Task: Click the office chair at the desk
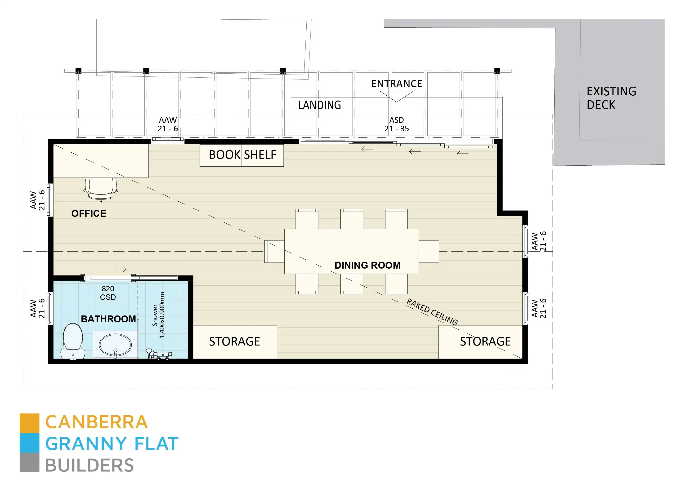[101, 189]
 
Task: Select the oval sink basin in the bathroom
[115, 345]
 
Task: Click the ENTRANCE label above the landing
[396, 84]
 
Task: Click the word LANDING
[319, 105]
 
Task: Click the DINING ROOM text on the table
[367, 265]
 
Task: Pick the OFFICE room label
[89, 213]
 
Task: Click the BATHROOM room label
[108, 319]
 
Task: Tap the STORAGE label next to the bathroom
[234, 341]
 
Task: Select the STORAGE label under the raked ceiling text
[485, 341]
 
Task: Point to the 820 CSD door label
[108, 293]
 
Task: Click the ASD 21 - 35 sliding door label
[396, 124]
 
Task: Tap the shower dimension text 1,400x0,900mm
[162, 315]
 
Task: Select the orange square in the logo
[29, 423]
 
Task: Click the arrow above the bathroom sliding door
[121, 269]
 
